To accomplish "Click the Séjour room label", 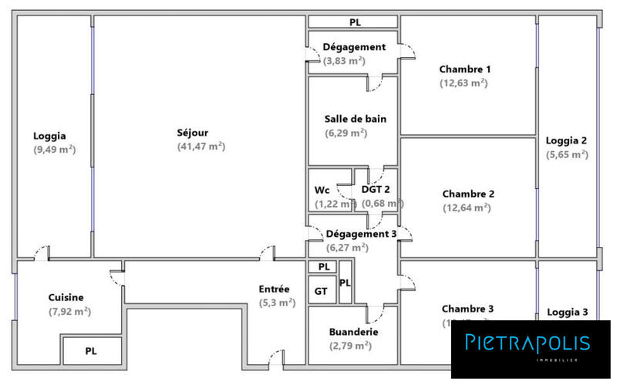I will [x=193, y=133].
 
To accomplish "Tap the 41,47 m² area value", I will [x=201, y=146].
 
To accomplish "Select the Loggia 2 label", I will [x=567, y=140].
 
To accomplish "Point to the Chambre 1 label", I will [x=465, y=69].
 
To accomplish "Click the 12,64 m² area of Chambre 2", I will [x=466, y=208].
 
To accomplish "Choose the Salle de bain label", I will [x=356, y=119].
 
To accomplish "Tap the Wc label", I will [x=322, y=190].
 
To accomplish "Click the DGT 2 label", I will [x=376, y=190].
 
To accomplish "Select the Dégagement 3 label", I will [x=362, y=234].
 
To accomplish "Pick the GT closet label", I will [x=321, y=291].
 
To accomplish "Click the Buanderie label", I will [x=354, y=332].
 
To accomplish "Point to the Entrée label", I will [x=275, y=289].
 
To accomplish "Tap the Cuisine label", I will [x=66, y=297].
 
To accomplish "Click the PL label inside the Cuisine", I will [x=91, y=351].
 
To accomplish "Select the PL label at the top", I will [x=355, y=22].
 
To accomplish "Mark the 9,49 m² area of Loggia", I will [x=54, y=150].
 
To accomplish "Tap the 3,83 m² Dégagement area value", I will [x=344, y=61].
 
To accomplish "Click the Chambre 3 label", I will [x=468, y=308].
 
